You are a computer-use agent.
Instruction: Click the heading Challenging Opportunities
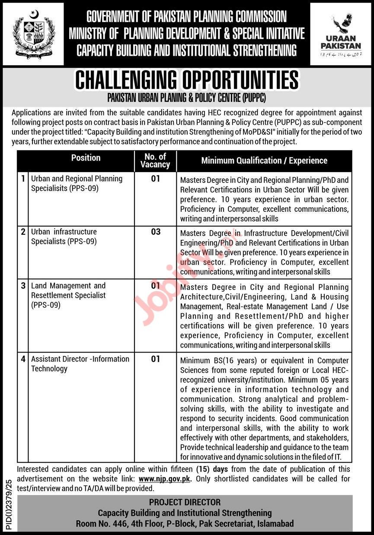187,80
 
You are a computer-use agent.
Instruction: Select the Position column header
86,158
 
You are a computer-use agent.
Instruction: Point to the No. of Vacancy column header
155,160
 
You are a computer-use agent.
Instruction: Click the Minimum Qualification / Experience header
264,160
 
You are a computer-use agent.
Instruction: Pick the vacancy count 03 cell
155,232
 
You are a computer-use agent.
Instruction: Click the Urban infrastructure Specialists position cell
64,236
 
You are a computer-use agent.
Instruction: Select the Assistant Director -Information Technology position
80,364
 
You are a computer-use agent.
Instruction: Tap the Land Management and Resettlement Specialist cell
68,295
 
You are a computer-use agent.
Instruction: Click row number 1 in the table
23,178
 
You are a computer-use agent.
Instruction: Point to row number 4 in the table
23,359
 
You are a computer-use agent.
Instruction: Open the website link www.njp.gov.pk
166,479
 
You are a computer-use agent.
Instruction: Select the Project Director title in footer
185,502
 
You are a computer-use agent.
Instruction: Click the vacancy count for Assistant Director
155,359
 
